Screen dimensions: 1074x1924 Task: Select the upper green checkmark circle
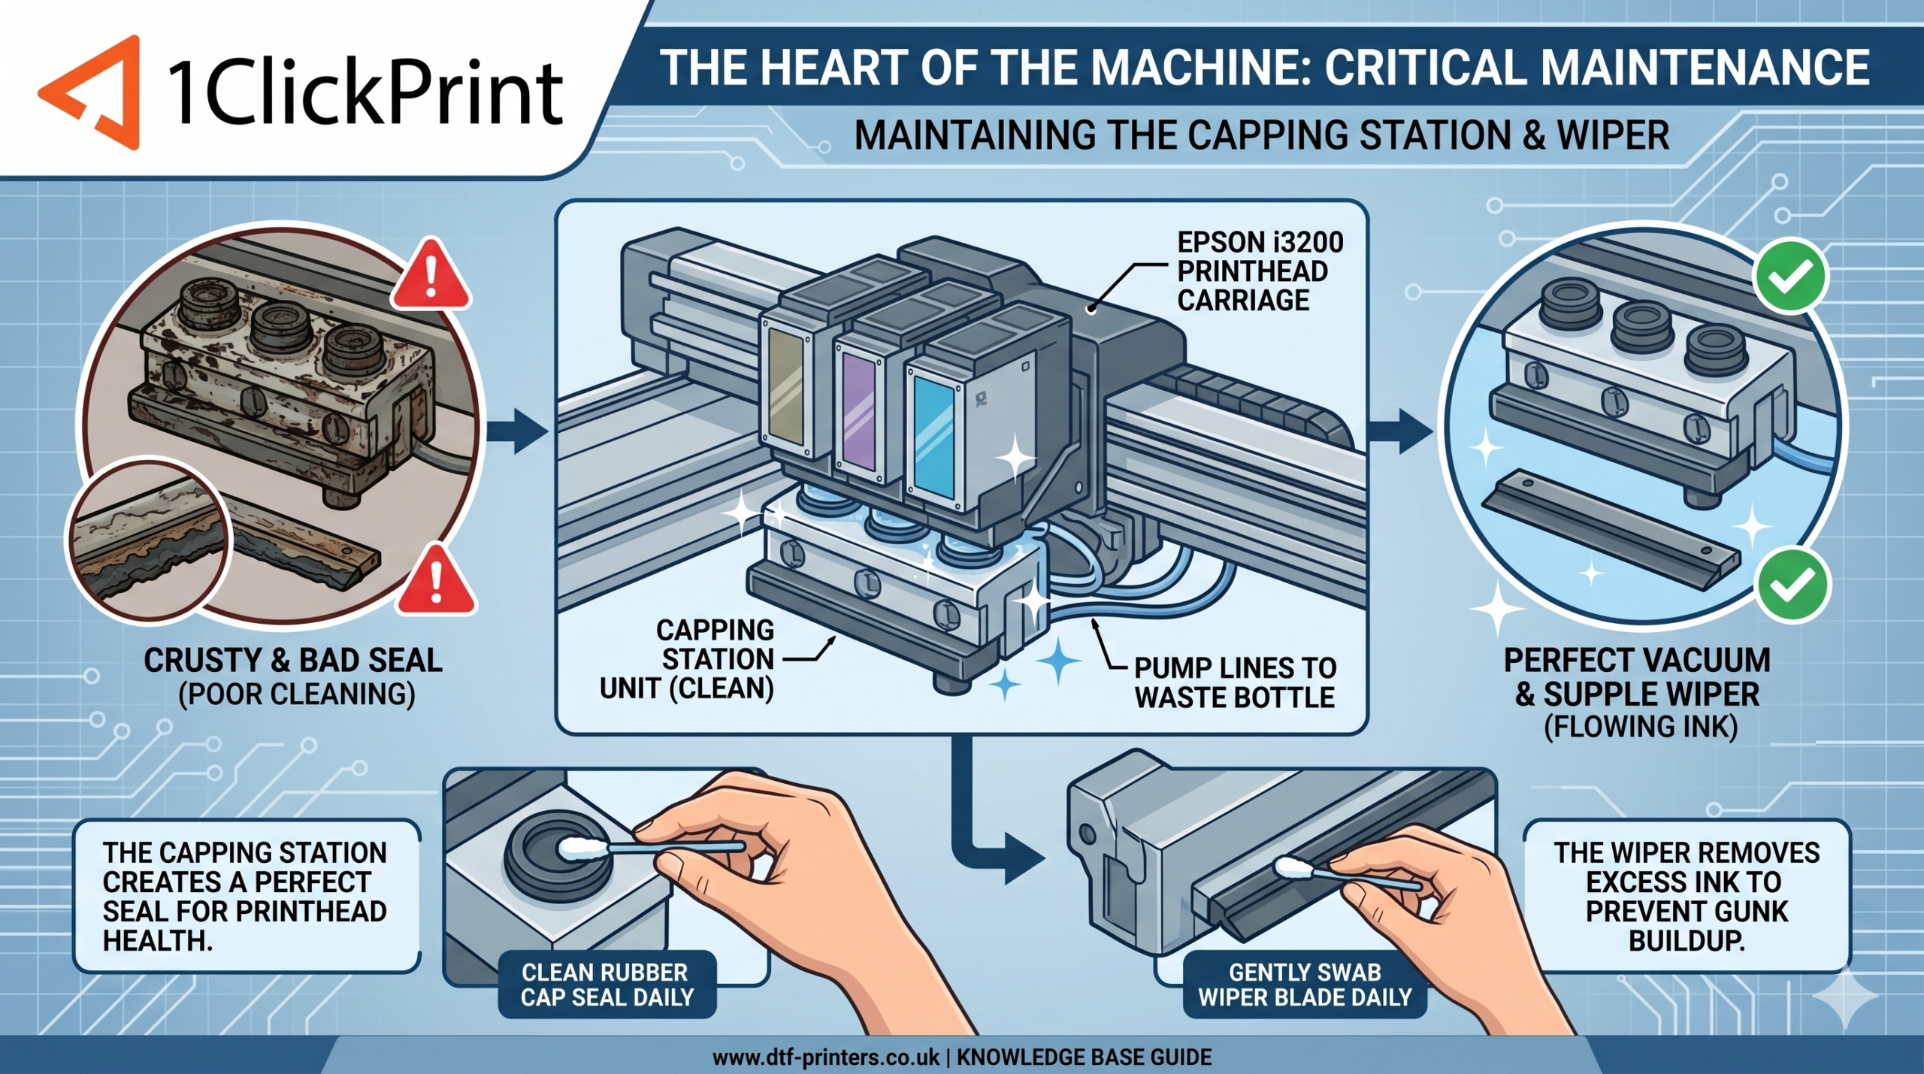[1792, 277]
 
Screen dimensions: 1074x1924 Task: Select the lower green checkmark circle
[1793, 585]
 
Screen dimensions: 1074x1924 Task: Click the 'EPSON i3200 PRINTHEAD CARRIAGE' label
[1260, 271]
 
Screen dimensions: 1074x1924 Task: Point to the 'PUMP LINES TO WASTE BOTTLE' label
[1235, 682]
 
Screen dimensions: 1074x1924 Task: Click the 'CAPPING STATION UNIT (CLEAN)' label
[687, 659]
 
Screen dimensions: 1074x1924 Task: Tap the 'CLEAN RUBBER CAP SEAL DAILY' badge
[606, 984]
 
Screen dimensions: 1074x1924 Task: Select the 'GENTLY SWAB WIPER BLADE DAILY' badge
[1305, 984]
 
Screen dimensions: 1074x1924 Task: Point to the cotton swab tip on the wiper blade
[1291, 869]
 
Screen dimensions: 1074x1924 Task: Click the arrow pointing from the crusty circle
[519, 432]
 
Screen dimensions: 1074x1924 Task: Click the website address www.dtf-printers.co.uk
[826, 1057]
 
